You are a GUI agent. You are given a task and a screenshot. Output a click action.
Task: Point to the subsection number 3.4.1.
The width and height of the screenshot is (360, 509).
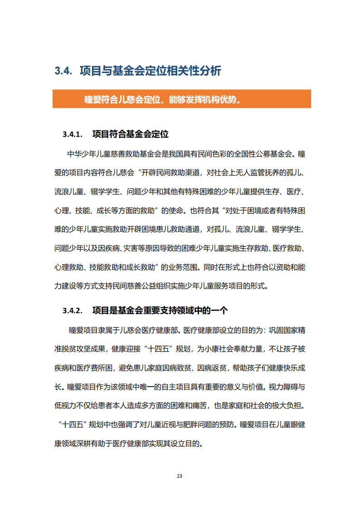[x=72, y=135]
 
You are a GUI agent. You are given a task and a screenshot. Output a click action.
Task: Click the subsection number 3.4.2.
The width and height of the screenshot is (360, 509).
[x=72, y=310]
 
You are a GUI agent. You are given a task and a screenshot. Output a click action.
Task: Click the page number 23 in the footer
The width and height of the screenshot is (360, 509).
[x=180, y=476]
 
